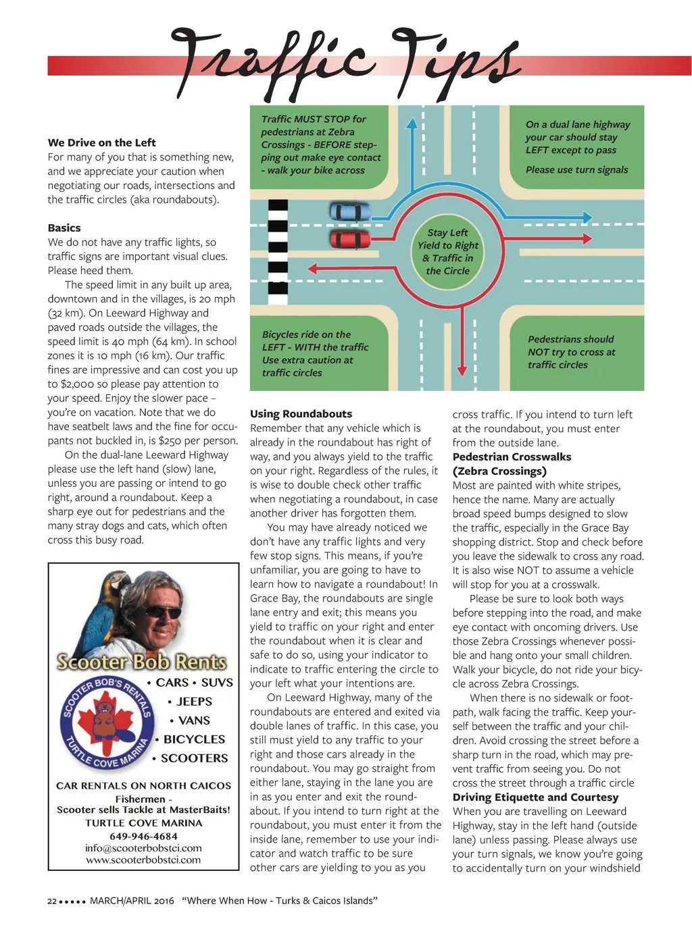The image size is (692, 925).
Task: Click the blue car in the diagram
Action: pyautogui.click(x=350, y=212)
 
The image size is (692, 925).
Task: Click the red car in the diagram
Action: pyautogui.click(x=350, y=238)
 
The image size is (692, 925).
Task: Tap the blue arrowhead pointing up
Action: pyautogui.click(x=411, y=124)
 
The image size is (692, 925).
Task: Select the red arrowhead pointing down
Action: pyautogui.click(x=462, y=370)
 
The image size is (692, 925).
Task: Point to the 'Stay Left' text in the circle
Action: pyautogui.click(x=447, y=233)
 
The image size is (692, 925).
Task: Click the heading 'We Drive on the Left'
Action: pyautogui.click(x=101, y=142)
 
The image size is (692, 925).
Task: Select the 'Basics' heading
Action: pyautogui.click(x=64, y=228)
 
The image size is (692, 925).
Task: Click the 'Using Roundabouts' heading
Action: pyautogui.click(x=301, y=414)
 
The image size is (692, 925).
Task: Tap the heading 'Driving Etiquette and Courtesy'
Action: pyautogui.click(x=535, y=797)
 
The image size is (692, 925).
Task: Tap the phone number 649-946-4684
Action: pyautogui.click(x=143, y=836)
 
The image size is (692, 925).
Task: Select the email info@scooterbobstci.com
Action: pyautogui.click(x=143, y=848)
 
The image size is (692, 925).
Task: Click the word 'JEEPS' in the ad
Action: pyautogui.click(x=194, y=702)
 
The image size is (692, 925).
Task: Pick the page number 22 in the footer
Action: pyautogui.click(x=52, y=901)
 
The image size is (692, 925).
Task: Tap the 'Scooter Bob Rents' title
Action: pyautogui.click(x=142, y=662)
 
